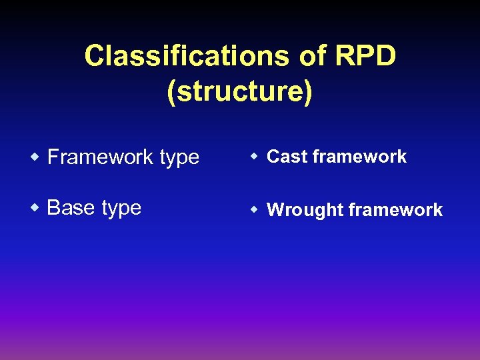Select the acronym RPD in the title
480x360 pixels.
click(366, 56)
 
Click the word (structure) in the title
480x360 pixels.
click(240, 92)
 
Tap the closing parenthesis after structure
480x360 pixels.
click(307, 93)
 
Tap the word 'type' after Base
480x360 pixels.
click(121, 209)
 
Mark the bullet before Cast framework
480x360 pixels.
click(255, 157)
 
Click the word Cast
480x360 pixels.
click(287, 157)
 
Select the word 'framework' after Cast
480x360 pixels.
click(359, 157)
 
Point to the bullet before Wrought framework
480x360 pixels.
click(255, 210)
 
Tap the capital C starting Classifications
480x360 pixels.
click(94, 56)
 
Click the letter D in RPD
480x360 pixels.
click(386, 56)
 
